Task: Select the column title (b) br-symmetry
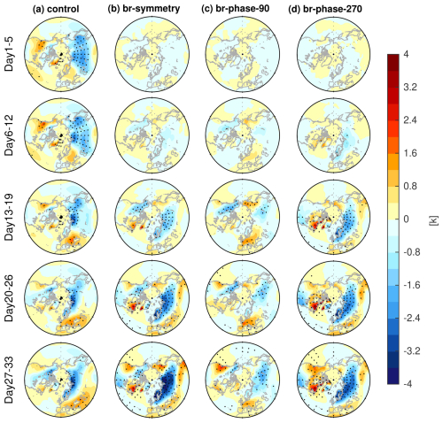point(147,10)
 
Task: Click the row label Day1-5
point(11,59)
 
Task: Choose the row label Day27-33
point(11,375)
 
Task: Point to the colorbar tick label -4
point(411,382)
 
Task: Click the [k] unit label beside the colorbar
point(432,218)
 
